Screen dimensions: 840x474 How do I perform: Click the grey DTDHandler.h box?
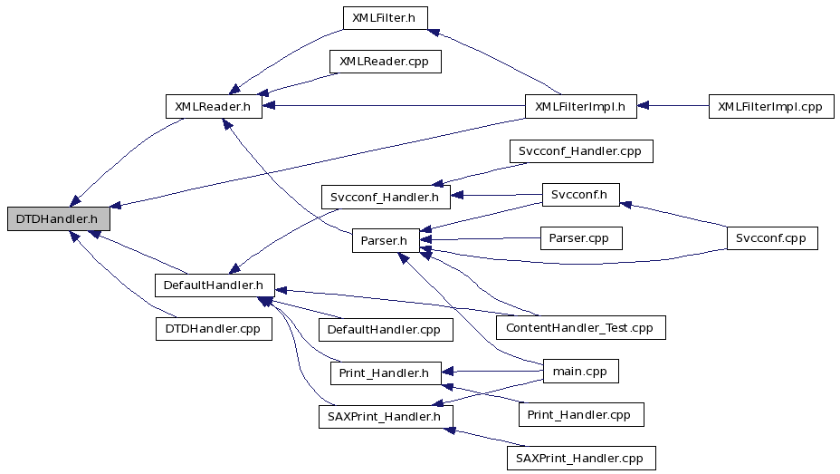click(x=59, y=218)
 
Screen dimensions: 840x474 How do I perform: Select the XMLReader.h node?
click(x=214, y=106)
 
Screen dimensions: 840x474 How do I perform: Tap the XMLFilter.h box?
click(x=386, y=18)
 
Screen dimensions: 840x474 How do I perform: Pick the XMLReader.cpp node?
click(x=386, y=61)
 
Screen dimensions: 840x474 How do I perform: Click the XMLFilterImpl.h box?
click(x=581, y=106)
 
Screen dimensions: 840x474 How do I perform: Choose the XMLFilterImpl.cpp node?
click(x=771, y=106)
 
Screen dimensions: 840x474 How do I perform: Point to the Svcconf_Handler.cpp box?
click(x=581, y=150)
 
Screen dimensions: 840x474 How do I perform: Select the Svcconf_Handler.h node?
click(x=386, y=197)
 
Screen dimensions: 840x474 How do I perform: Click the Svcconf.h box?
click(x=581, y=194)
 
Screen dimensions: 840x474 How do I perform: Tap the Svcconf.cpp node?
click(x=772, y=238)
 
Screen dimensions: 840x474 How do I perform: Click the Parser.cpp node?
click(x=581, y=238)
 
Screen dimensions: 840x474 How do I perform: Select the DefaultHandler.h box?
click(x=215, y=285)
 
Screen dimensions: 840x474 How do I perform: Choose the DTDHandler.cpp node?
click(x=214, y=328)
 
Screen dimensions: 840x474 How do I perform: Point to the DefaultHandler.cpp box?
click(x=386, y=329)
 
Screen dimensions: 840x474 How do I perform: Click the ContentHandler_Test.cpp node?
click(x=581, y=327)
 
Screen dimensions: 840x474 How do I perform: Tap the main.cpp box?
click(x=581, y=371)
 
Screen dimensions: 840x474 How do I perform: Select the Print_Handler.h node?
click(x=386, y=372)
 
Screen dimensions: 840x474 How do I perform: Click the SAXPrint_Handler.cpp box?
click(x=581, y=458)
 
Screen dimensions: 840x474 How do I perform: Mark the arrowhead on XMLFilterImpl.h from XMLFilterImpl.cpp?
click(x=643, y=106)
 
